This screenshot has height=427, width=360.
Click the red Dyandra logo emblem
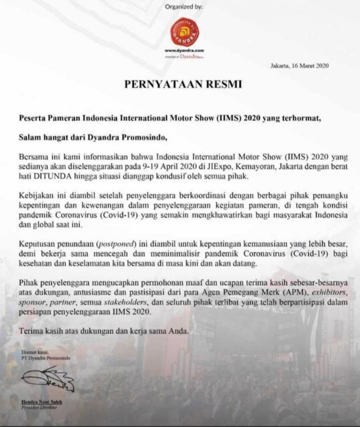click(184, 31)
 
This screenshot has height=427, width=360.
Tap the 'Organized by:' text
click(184, 7)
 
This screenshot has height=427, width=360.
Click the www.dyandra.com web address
click(184, 50)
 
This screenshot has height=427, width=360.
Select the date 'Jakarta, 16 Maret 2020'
click(300, 66)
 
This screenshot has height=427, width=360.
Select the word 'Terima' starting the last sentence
click(30, 331)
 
